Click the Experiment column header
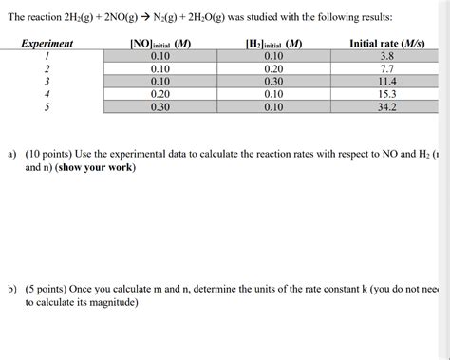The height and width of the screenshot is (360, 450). (47, 44)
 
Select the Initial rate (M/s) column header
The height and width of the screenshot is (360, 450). (386, 44)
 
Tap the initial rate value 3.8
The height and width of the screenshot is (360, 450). (386, 57)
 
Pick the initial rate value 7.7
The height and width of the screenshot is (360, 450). (386, 69)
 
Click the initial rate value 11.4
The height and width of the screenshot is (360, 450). (386, 82)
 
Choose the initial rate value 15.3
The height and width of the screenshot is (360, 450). (386, 95)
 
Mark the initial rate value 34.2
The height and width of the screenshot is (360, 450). (386, 107)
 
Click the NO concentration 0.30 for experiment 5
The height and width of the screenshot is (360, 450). (159, 107)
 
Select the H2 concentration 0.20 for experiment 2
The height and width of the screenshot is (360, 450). (273, 69)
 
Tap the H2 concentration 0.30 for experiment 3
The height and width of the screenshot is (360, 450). (273, 82)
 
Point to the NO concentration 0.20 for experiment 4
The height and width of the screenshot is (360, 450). (159, 95)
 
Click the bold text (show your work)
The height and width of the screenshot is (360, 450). (96, 168)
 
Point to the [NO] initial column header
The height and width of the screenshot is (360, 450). (159, 44)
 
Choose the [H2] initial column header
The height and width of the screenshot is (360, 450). (273, 44)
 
